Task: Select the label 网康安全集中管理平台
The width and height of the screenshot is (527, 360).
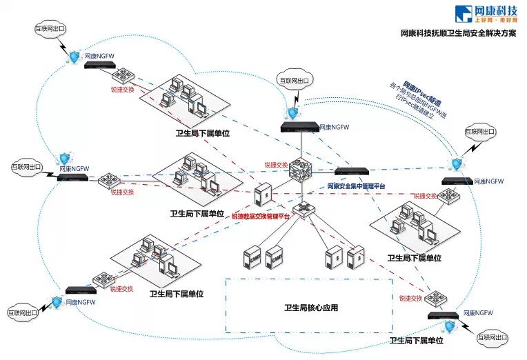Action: point(355,186)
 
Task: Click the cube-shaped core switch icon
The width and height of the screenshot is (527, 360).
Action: point(301,170)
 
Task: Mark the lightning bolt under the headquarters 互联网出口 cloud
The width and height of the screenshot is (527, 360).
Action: point(292,97)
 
